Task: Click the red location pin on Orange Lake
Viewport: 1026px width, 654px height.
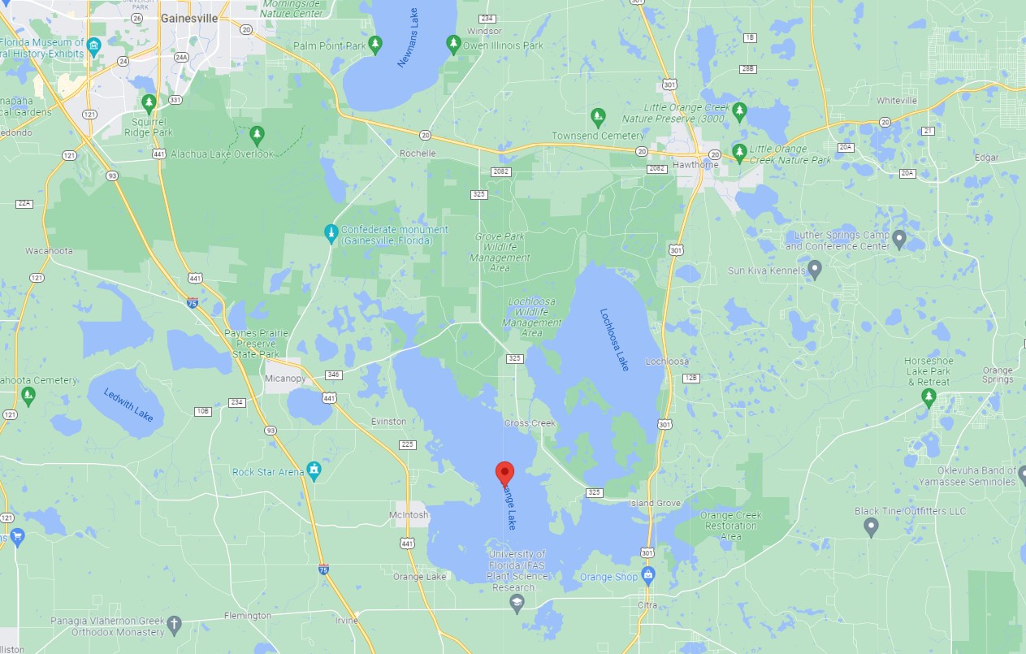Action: [504, 473]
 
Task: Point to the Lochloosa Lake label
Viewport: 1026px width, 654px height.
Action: [614, 339]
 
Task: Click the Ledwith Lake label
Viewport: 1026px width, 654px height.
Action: [128, 405]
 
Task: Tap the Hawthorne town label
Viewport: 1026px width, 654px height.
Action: [691, 164]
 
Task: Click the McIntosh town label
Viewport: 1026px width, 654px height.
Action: [408, 514]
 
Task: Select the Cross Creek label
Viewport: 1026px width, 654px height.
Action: [529, 423]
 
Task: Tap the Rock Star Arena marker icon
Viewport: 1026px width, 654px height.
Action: [314, 471]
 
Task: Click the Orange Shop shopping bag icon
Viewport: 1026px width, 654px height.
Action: [648, 577]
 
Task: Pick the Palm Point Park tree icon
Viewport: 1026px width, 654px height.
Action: [374, 45]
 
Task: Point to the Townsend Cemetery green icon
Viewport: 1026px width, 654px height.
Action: [598, 117]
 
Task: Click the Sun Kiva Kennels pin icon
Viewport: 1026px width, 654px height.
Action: [815, 269]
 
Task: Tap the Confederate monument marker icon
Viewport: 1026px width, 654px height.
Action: [331, 234]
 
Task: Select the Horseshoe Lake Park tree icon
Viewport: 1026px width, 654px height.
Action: [929, 397]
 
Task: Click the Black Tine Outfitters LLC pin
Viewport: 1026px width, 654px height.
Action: [871, 526]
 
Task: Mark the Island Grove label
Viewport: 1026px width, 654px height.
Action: [655, 504]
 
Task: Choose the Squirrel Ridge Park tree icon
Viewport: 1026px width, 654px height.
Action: [149, 103]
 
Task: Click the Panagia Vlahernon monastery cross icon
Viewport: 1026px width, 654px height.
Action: [174, 626]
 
